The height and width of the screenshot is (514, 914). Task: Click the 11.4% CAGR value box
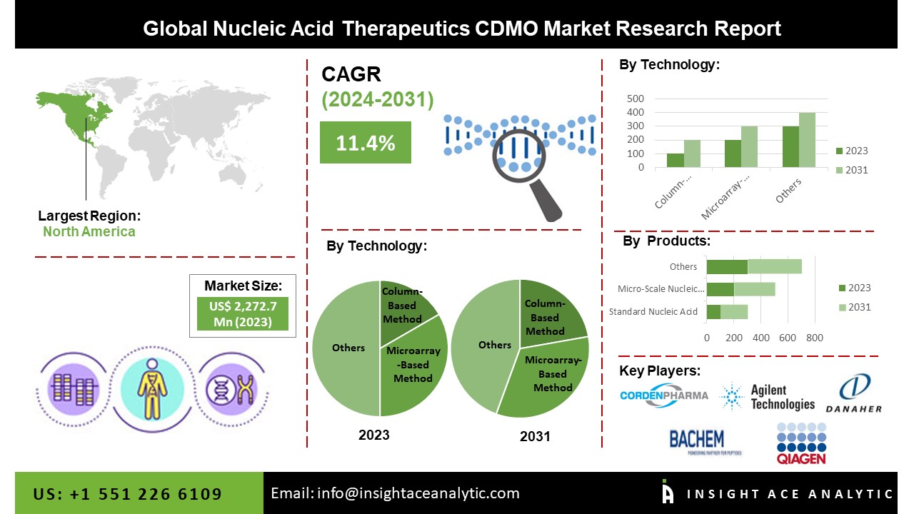coord(366,143)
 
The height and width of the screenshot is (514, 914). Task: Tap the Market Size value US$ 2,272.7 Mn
coord(243,314)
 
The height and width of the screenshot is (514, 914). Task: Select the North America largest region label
coord(89,231)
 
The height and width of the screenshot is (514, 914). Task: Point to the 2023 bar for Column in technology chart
coord(675,161)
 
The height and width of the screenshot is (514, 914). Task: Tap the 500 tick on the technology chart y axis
coord(636,99)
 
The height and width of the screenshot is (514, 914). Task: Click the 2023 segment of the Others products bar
coord(727,266)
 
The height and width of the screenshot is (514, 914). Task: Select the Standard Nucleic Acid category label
coord(653,312)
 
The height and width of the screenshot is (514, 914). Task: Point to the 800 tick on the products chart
coord(815,337)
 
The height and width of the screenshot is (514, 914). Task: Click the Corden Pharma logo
coord(664,395)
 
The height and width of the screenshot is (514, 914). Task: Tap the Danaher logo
coord(853,394)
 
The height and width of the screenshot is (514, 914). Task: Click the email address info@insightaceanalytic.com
coord(395,493)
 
